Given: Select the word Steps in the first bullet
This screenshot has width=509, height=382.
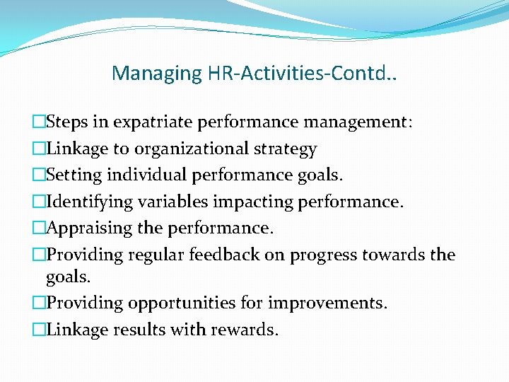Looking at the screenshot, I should click(67, 122).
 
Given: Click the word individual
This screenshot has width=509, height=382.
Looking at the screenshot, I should click(145, 175).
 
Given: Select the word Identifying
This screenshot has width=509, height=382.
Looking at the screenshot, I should click(89, 202).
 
